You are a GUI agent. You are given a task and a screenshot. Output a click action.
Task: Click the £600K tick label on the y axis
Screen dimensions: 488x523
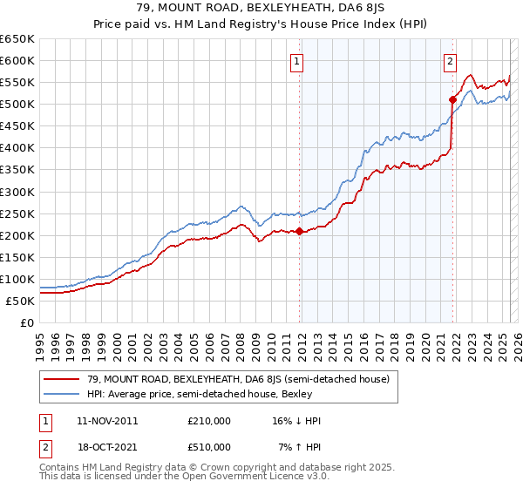pos(17,60)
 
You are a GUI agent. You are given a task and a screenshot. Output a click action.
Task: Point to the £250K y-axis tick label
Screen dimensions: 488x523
pos(17,213)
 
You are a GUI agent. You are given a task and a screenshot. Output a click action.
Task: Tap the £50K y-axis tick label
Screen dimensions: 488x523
pos(21,301)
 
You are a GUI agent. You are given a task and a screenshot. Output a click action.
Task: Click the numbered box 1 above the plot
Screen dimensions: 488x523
pos(298,61)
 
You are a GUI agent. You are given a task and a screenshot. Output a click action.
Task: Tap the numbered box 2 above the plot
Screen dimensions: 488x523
pos(451,61)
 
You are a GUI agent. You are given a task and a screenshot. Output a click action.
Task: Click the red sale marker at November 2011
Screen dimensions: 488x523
pos(299,231)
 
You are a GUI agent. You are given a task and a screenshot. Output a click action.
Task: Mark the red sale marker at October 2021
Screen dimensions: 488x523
pos(452,99)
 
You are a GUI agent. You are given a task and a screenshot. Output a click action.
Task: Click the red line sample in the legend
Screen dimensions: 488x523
pos(62,379)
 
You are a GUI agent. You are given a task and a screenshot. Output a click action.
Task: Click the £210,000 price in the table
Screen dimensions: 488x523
pos(208,421)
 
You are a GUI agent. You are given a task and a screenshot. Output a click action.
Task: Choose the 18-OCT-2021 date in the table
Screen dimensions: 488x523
pos(107,447)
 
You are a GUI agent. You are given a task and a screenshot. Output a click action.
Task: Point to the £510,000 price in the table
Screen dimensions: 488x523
pos(208,447)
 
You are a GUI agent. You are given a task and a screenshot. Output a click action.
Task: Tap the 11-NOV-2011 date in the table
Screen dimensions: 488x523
pos(107,421)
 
